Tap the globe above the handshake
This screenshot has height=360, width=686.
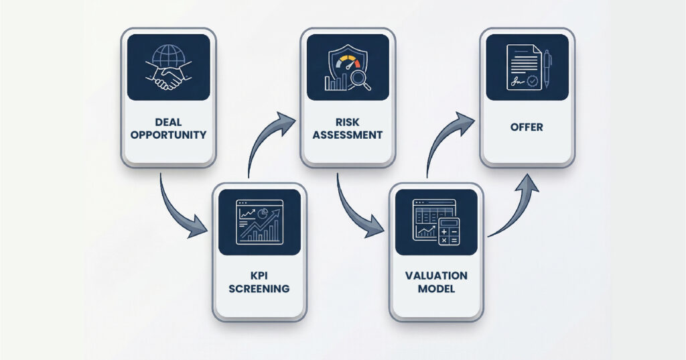coord(167,56)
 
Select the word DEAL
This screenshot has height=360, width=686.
coord(168,122)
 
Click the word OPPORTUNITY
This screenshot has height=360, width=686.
coord(168,135)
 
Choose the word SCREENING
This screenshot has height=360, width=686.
coord(259,289)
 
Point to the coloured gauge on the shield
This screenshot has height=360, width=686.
coord(346,62)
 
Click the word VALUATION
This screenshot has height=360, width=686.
coord(436,276)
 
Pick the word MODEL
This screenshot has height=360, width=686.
coord(436,289)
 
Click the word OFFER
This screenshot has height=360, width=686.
coord(527,127)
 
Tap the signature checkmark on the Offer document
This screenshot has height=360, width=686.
coord(532,81)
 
